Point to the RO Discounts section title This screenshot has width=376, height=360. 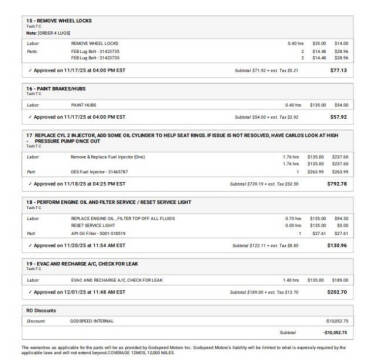click(41, 310)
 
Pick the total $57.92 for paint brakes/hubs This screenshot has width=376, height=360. click(340, 117)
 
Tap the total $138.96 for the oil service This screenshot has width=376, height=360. click(338, 245)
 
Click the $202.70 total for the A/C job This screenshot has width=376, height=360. click(338, 292)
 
